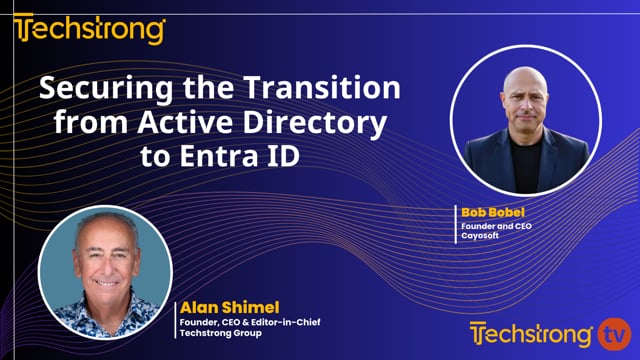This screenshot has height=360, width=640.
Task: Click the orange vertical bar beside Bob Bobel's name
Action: point(457,224)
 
